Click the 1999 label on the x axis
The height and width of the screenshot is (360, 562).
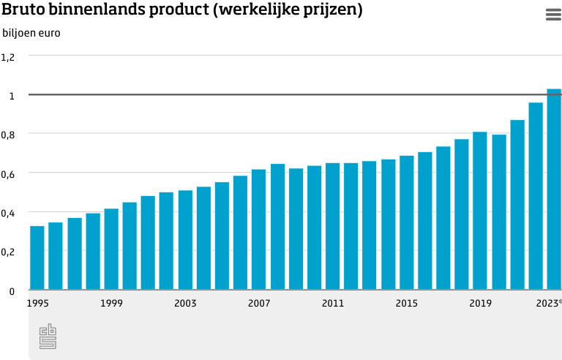click(111, 303)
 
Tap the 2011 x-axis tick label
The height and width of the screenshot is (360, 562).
click(333, 303)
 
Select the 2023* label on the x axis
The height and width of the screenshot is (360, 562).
click(549, 303)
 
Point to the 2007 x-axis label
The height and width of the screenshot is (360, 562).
click(259, 303)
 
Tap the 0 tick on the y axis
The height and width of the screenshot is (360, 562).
click(12, 291)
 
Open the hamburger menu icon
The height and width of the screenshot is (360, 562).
click(552, 15)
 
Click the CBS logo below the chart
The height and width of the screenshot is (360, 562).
click(48, 336)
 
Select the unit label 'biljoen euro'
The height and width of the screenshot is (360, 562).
click(31, 33)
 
